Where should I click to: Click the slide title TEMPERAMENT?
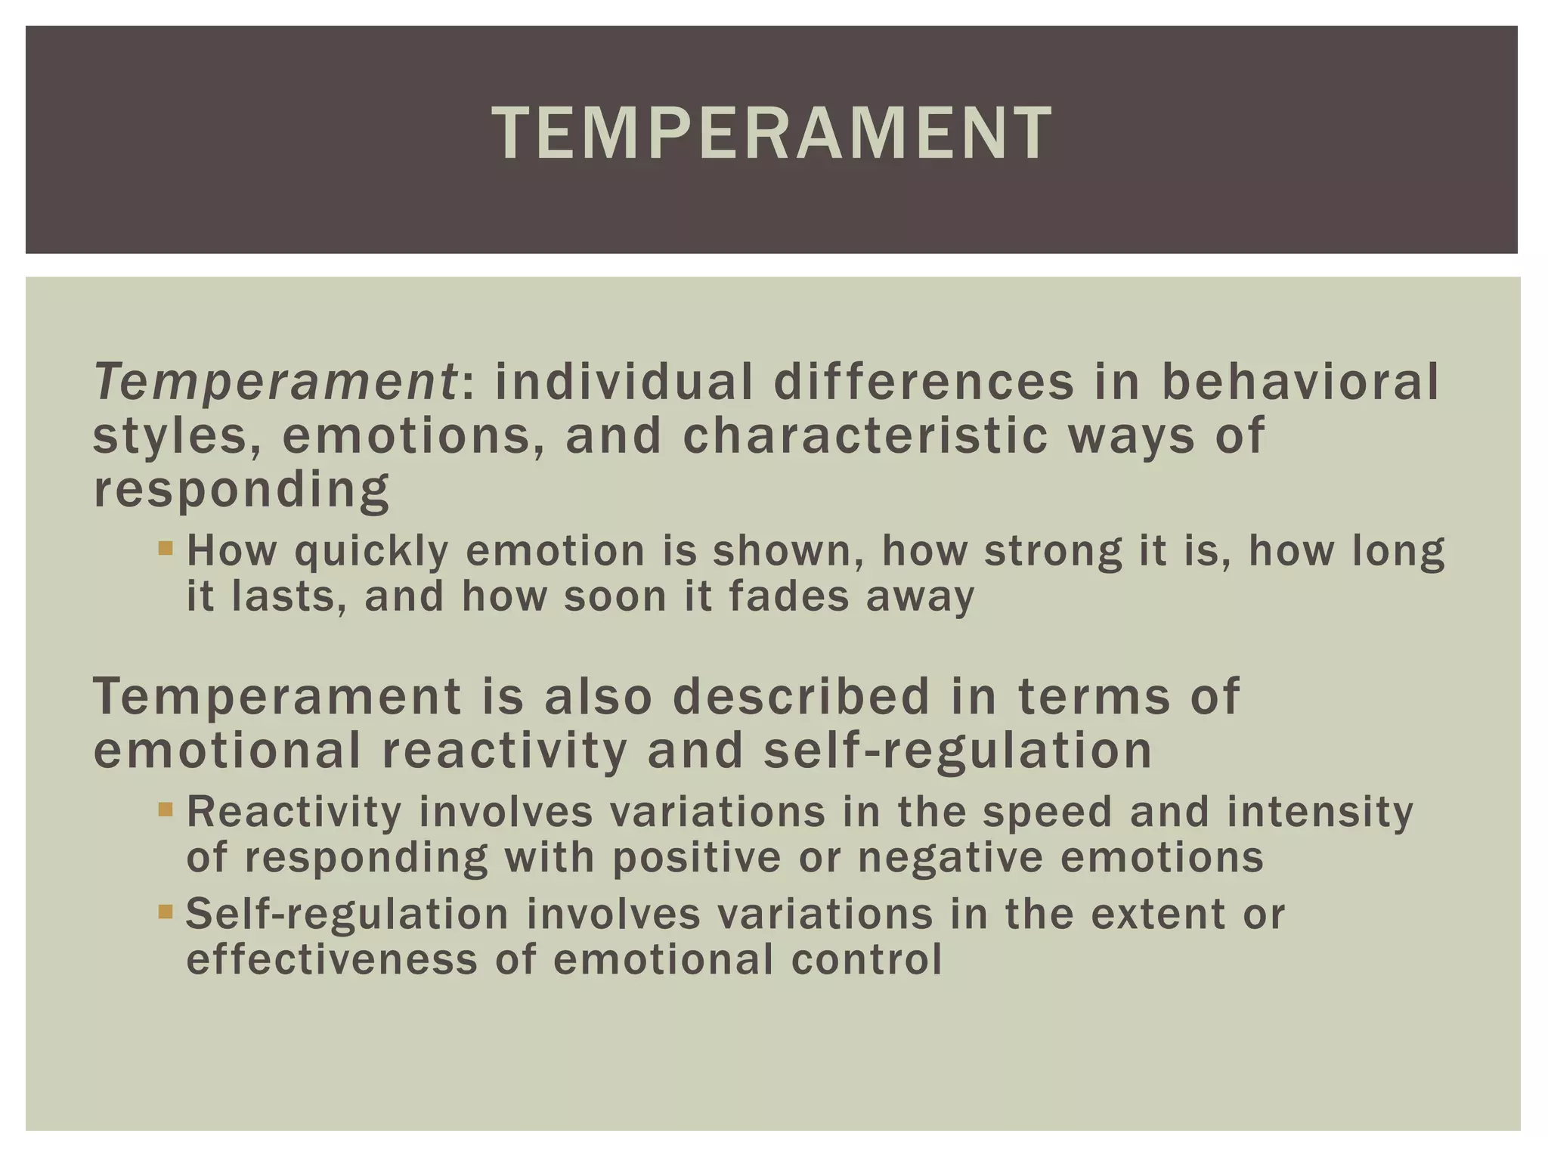click(x=772, y=134)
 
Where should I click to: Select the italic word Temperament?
click(x=275, y=382)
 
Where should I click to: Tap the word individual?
click(x=624, y=382)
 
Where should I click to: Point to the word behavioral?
click(x=1300, y=382)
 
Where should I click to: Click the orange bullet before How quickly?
click(x=166, y=546)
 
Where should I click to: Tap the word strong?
click(x=1053, y=551)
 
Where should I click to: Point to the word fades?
click(x=789, y=596)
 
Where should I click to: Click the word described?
click(x=801, y=696)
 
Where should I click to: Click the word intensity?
click(x=1320, y=812)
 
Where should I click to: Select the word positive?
click(x=696, y=858)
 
